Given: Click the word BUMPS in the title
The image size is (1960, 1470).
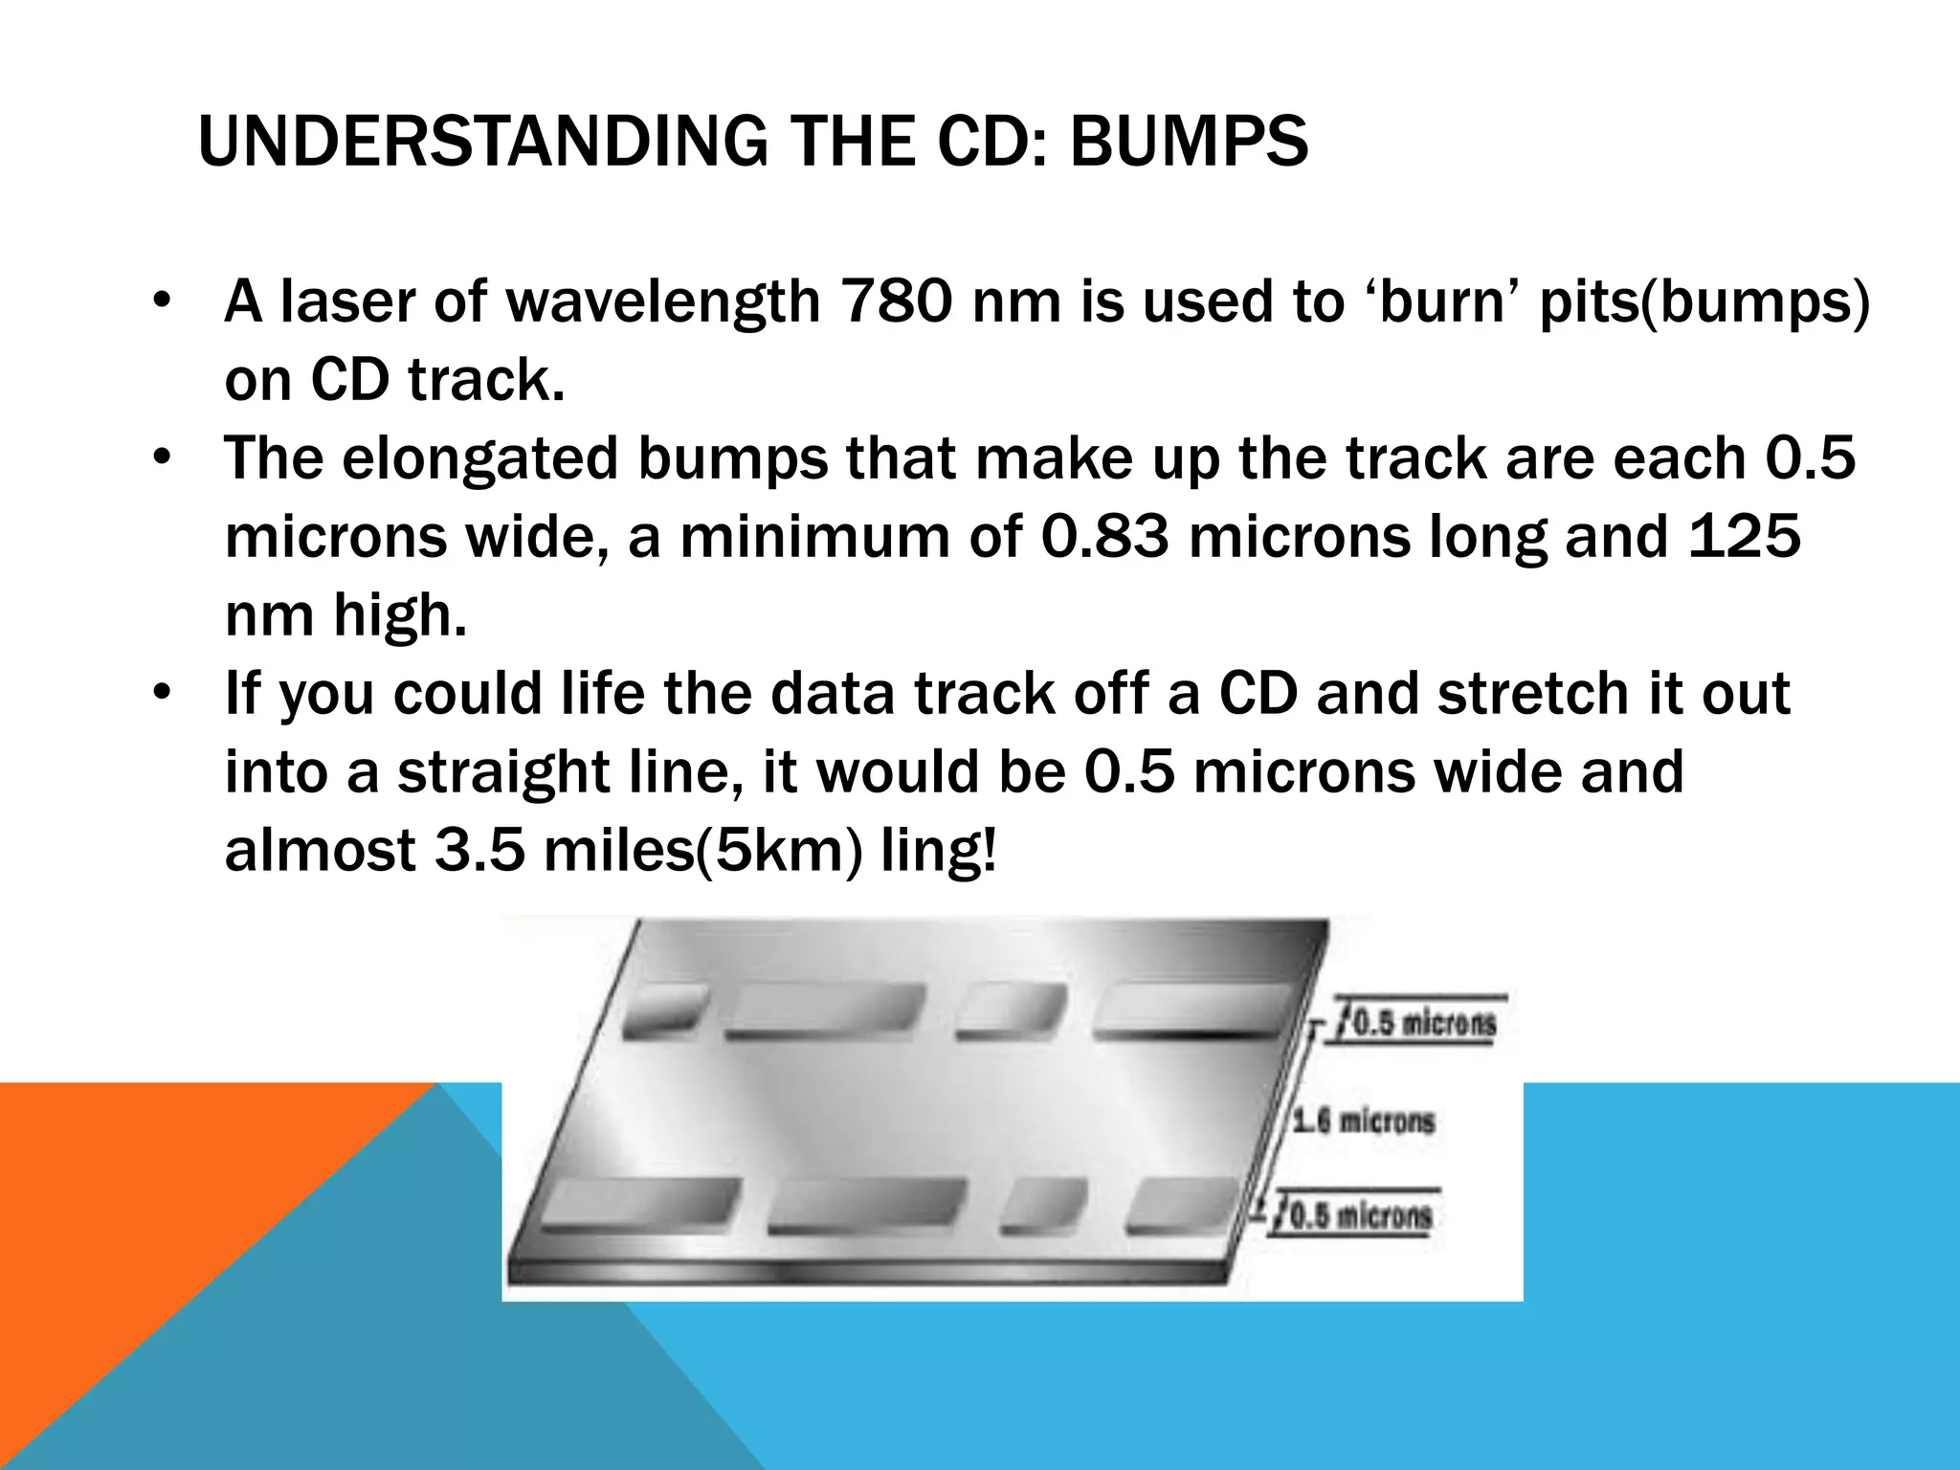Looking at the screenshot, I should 1188,142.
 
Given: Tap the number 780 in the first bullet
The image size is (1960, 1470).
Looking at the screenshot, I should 896,301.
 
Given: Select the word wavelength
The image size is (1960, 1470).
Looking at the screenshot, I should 663,303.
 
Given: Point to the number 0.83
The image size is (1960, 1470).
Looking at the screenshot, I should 1104,537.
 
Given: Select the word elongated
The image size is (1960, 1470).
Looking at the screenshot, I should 480,460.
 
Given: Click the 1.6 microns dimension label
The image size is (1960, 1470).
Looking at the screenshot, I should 1364,1120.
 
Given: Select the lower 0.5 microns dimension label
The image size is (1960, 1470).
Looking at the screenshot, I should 1360,1216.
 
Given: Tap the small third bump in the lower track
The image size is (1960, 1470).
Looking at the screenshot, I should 1045,1205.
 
